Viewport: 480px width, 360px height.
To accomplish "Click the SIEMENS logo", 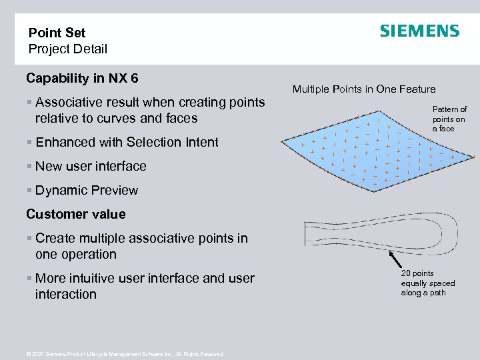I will click(419, 31).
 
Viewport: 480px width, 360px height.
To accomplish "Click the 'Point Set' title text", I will click(57, 33).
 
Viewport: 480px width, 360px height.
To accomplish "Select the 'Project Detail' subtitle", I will click(67, 49).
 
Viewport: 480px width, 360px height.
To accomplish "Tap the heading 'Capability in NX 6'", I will click(82, 79).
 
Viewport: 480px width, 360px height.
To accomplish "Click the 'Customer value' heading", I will click(75, 214).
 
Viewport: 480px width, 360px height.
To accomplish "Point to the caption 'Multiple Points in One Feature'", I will click(363, 89).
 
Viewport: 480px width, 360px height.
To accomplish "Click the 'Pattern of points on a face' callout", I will click(449, 119).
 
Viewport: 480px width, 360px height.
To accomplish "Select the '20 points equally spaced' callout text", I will click(427, 283).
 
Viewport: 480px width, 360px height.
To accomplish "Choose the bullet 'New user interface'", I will click(91, 166).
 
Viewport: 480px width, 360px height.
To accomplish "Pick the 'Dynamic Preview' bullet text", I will click(87, 190).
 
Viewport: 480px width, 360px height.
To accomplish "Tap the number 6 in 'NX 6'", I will click(134, 79).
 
